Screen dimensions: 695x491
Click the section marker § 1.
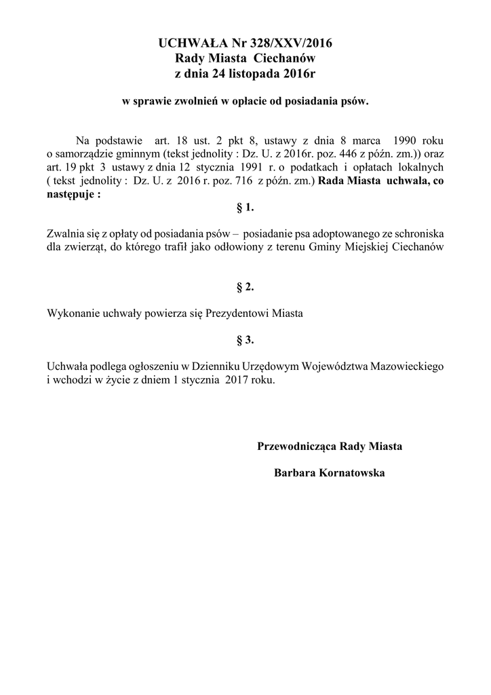click(x=245, y=206)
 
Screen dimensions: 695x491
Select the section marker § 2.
click(x=245, y=287)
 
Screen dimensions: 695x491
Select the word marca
click(x=359, y=141)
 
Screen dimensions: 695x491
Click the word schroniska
click(x=418, y=233)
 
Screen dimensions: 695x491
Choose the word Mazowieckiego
click(x=406, y=367)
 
